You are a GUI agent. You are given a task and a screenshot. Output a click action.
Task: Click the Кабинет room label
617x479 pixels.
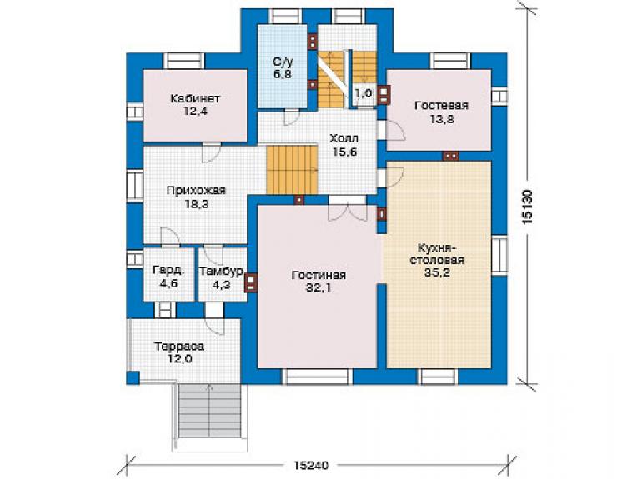(195, 98)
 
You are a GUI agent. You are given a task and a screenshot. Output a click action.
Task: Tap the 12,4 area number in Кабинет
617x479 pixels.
(195, 112)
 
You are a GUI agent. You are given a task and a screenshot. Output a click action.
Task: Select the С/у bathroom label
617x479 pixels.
(283, 62)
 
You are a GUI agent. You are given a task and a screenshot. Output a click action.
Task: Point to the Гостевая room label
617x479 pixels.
(442, 106)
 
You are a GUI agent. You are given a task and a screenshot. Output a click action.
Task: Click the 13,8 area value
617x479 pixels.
(442, 119)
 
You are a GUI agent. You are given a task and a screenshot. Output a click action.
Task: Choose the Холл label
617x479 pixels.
(344, 138)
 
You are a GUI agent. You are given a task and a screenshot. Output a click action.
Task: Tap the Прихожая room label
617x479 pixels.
(196, 191)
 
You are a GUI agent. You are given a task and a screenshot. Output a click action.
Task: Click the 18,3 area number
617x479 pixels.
(197, 204)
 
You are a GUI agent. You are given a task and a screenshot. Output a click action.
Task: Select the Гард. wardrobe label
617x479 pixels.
(168, 271)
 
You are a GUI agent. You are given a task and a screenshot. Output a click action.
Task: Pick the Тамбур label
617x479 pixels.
(221, 272)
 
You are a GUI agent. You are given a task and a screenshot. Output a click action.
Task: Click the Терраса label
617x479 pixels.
(179, 347)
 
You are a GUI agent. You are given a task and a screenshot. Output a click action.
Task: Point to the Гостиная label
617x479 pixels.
(319, 275)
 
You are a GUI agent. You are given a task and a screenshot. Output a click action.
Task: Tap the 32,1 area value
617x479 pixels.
(319, 288)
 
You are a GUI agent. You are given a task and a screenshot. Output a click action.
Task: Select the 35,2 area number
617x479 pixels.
(437, 272)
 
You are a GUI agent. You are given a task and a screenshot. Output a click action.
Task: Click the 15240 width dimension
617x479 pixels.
(311, 465)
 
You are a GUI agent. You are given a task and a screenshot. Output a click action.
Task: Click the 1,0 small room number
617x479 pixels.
(364, 93)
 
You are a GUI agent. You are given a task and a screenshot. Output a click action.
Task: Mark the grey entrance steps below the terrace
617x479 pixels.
(210, 411)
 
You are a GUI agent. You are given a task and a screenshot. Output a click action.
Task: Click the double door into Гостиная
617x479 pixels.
(348, 209)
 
